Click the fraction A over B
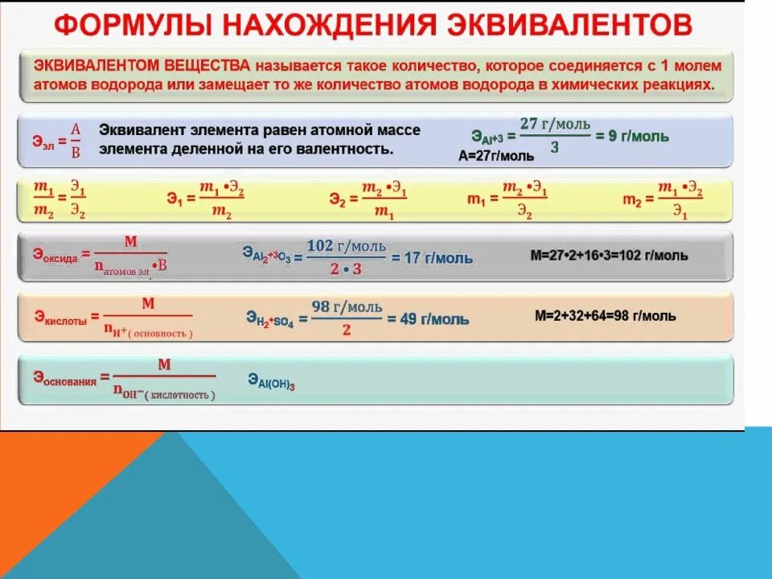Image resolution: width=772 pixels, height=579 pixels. [x=76, y=140]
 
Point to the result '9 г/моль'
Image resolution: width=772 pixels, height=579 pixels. [x=639, y=137]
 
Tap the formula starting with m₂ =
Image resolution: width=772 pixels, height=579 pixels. [x=663, y=200]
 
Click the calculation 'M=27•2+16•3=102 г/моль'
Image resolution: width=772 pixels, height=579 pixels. [x=609, y=256]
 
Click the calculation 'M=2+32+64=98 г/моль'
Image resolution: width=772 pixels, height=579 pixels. [x=605, y=316]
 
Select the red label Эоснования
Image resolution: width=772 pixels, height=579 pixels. [x=64, y=378]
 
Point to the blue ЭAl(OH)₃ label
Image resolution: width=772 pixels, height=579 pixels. [x=271, y=380]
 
